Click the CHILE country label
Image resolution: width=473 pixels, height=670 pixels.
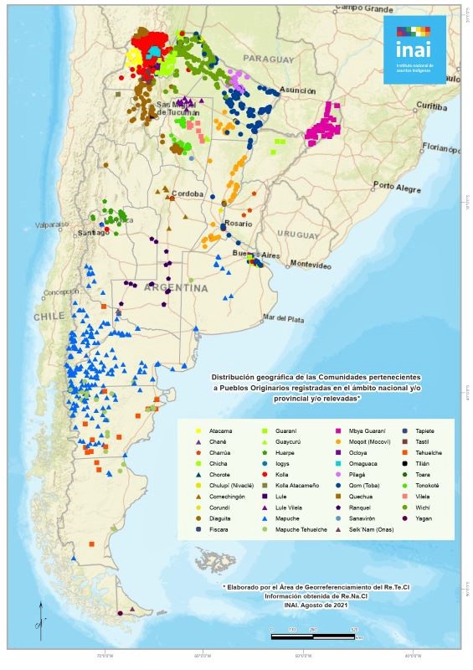[49, 317]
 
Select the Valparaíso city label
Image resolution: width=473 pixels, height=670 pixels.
[56, 224]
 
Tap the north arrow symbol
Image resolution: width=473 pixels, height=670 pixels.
[39, 616]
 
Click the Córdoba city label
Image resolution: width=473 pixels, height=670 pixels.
[187, 193]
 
